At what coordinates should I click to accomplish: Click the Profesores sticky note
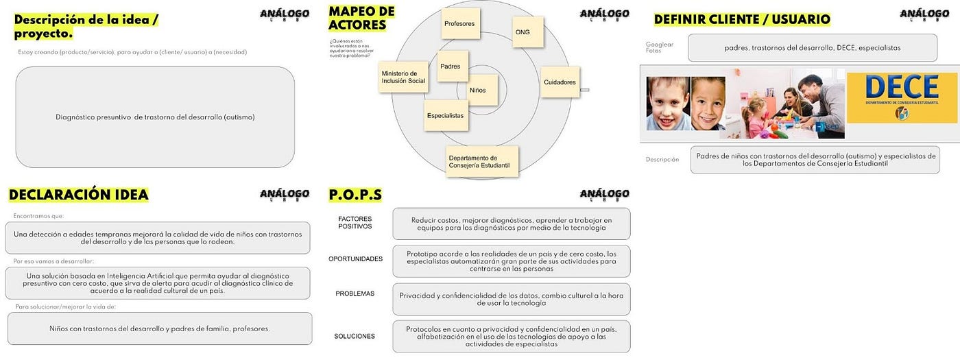point(459,24)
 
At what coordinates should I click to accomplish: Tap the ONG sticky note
point(527,32)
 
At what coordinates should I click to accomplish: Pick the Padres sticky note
point(453,67)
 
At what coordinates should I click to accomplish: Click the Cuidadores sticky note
point(560,82)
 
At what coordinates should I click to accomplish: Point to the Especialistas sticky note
point(445,115)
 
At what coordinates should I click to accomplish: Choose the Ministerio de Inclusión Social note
point(403,77)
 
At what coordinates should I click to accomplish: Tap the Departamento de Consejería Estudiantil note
point(482,162)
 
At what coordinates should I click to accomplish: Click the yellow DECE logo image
point(901,97)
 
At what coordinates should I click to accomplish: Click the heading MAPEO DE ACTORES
point(361,19)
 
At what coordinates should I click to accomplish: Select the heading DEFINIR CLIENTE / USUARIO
point(742,19)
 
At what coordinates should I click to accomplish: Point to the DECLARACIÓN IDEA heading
point(78,195)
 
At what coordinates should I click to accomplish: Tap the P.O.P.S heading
point(355,195)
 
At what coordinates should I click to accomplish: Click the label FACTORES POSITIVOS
point(355,222)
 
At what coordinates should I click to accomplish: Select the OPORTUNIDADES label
point(355,259)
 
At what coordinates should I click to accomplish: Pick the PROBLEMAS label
point(355,293)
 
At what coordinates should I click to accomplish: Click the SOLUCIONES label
point(355,336)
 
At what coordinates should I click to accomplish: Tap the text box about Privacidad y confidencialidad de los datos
point(511,299)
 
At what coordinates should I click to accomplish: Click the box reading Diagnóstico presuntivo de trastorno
point(155,117)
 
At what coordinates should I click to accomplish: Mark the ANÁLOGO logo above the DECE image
point(924,14)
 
